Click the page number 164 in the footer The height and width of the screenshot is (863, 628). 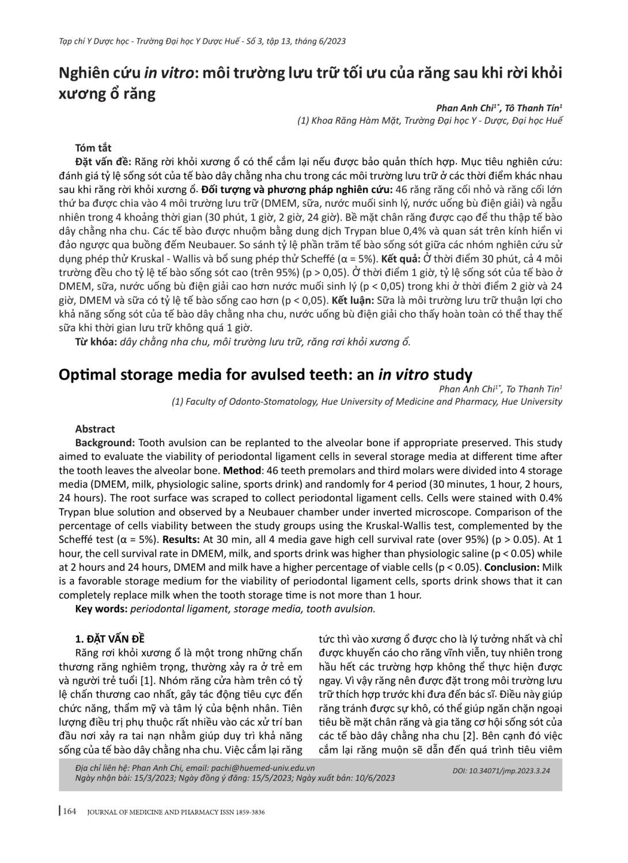[x=69, y=812]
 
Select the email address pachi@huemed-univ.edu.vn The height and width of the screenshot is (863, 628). [x=271, y=767]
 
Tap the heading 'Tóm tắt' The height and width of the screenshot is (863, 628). [x=93, y=148]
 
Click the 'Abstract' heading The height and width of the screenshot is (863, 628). [x=95, y=429]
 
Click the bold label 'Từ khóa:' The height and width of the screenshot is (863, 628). [x=96, y=342]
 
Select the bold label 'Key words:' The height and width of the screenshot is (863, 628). [x=101, y=609]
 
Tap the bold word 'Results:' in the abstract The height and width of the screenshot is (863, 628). [x=181, y=539]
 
